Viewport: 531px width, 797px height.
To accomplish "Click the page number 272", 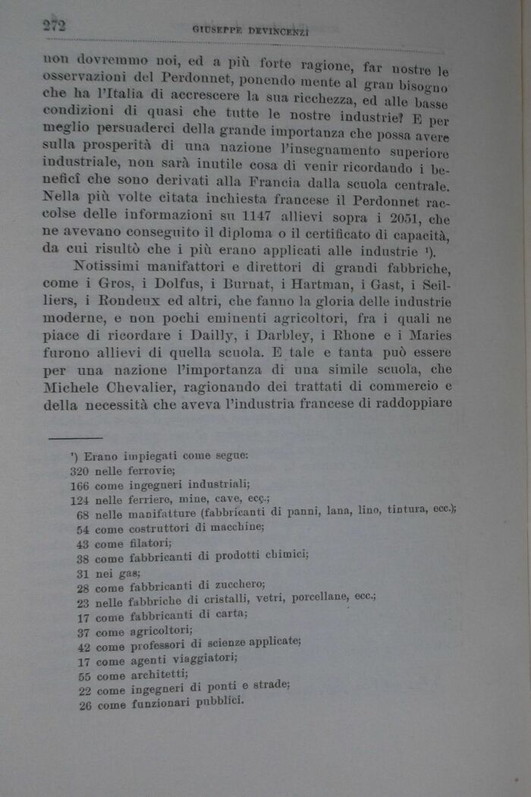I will [54, 25].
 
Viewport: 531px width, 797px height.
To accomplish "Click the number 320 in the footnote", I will [79, 471].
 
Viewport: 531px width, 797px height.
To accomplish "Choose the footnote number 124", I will [79, 499].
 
